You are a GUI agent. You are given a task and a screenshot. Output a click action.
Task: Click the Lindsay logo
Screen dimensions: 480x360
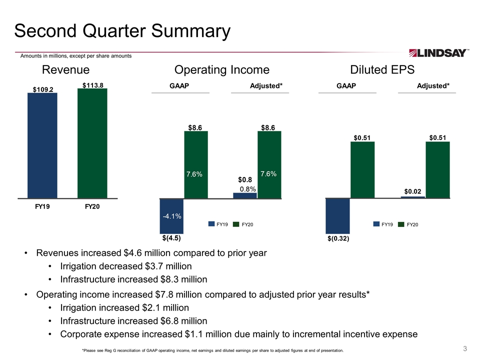(438, 53)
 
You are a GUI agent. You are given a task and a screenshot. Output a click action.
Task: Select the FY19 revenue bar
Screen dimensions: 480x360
(42, 145)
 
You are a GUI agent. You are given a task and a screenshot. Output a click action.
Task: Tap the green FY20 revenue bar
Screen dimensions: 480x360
(92, 143)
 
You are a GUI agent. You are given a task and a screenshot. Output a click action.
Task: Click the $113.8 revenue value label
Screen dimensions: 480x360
(93, 85)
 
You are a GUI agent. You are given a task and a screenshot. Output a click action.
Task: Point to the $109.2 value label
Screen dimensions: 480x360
(43, 89)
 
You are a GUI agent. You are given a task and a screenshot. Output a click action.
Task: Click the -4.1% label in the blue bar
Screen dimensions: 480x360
(172, 216)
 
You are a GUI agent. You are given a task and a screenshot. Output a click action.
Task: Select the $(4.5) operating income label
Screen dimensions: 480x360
(171, 238)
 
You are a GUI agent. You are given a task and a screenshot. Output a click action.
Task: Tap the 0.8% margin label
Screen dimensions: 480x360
(247, 189)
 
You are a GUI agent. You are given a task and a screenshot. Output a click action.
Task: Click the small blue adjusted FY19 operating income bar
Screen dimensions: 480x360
(245, 195)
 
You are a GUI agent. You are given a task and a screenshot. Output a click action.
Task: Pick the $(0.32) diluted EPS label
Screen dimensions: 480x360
(338, 238)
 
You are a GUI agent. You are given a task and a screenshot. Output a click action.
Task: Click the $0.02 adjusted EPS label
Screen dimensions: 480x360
(412, 191)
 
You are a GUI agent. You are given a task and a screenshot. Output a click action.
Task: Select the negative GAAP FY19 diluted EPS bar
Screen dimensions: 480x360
(337, 216)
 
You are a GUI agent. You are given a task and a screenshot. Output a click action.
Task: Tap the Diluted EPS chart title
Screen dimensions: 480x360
(382, 70)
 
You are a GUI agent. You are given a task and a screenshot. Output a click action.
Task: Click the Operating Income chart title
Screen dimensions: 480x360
(222, 70)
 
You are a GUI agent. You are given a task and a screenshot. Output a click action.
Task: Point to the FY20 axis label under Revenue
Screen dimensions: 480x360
(92, 206)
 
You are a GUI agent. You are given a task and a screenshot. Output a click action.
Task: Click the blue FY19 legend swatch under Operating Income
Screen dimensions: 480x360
(211, 224)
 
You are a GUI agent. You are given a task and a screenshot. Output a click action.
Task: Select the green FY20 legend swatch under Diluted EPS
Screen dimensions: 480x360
(401, 224)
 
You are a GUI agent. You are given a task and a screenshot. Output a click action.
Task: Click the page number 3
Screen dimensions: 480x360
(465, 348)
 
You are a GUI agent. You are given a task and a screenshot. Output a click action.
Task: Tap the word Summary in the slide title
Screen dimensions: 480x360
(190, 31)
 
